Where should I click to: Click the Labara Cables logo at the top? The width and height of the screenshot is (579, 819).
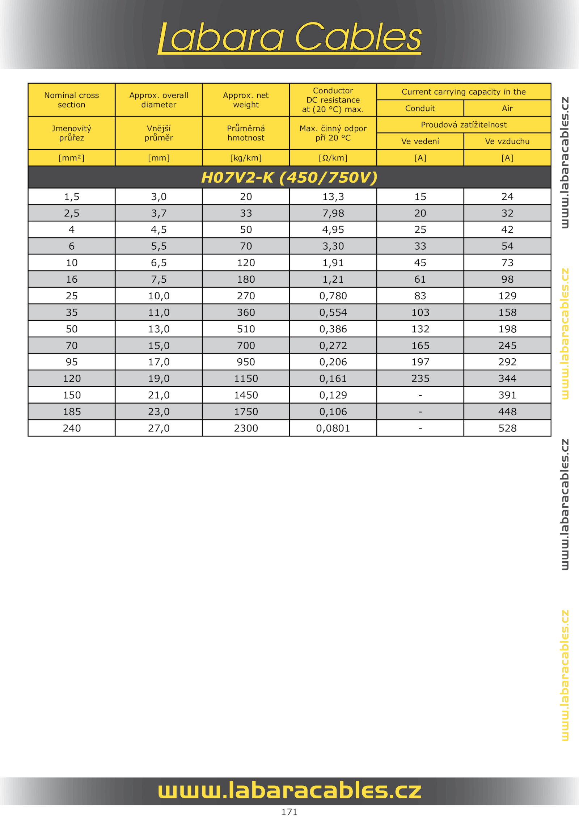click(x=289, y=37)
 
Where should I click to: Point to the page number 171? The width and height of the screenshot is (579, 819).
click(x=289, y=812)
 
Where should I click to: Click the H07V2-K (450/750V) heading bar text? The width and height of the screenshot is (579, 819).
click(x=289, y=177)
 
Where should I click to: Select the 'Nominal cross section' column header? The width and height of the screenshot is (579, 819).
click(x=72, y=100)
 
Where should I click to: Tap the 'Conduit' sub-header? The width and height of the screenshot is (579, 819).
click(x=420, y=108)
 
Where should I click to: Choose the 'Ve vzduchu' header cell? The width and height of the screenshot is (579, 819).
click(x=507, y=141)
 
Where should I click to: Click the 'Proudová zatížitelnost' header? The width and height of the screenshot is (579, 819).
click(x=464, y=125)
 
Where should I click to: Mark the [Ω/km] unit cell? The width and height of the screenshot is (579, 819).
click(x=333, y=158)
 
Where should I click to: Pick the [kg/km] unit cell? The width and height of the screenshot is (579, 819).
click(x=246, y=158)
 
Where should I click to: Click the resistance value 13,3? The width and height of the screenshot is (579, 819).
click(x=333, y=197)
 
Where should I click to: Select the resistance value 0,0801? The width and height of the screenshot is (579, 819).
click(x=333, y=428)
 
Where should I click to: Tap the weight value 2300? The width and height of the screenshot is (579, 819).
click(x=246, y=428)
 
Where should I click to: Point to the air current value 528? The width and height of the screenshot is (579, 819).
click(x=507, y=428)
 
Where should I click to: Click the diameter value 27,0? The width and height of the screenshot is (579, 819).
click(x=159, y=428)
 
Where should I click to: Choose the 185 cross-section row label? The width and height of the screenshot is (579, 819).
click(x=72, y=411)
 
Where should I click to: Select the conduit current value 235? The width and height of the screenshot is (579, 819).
click(x=420, y=379)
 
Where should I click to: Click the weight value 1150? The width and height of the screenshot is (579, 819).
click(x=246, y=379)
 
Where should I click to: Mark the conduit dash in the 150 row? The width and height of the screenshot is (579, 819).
click(x=420, y=395)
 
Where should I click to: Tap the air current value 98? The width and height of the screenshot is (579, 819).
click(x=507, y=279)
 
